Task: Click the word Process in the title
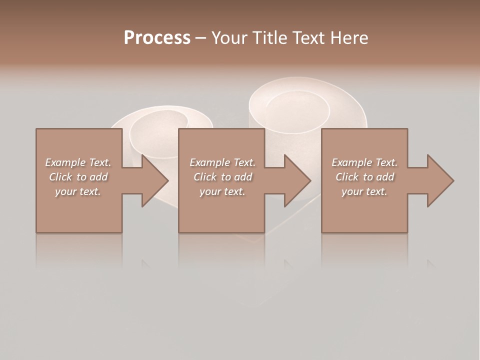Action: [157, 38]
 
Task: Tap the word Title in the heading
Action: [267, 38]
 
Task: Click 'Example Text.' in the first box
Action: [78, 162]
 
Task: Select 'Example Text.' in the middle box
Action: [222, 162]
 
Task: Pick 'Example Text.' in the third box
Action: [364, 162]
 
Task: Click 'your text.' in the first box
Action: [78, 191]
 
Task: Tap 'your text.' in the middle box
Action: [222, 191]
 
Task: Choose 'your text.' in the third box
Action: [364, 191]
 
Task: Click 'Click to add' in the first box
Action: [78, 177]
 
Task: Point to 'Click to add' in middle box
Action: [222, 177]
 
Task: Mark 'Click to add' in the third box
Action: [364, 177]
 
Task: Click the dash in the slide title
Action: [200, 38]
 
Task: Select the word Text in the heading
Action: [308, 38]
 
